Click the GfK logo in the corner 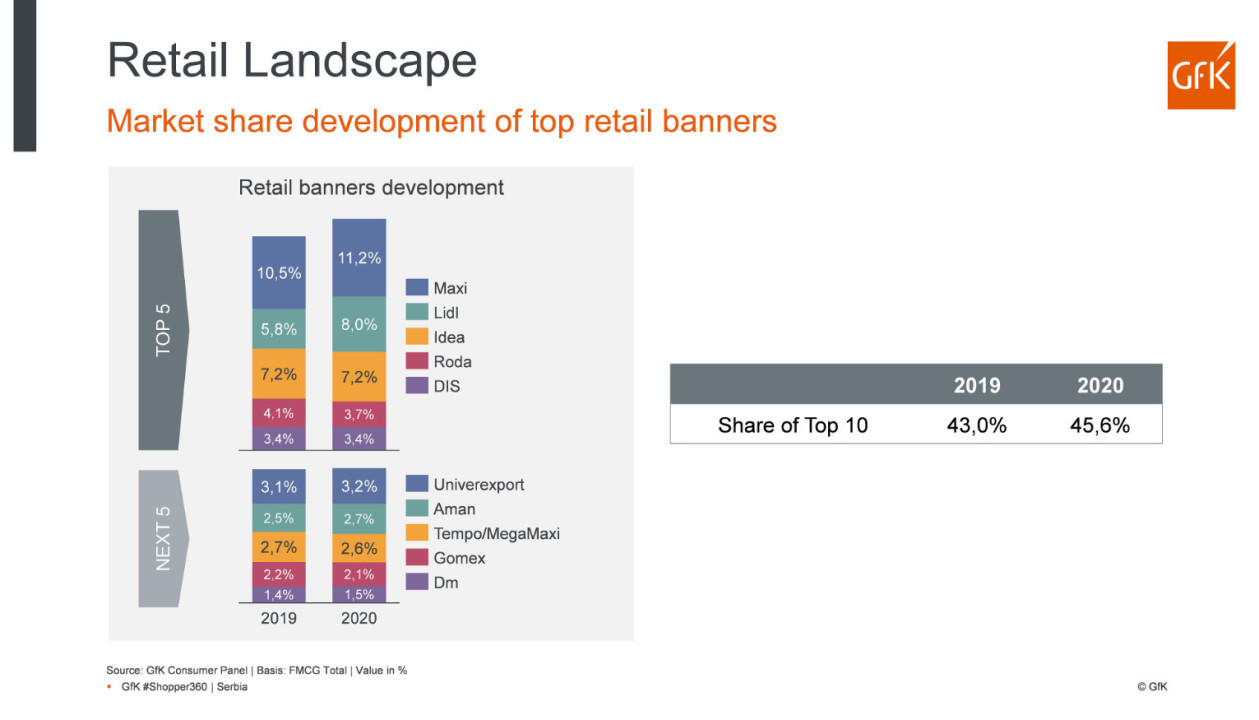[1200, 75]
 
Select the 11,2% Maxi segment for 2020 [359, 258]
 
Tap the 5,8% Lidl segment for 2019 [279, 328]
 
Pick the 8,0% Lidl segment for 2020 [359, 324]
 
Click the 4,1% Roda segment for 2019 [279, 412]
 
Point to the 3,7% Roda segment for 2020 [359, 414]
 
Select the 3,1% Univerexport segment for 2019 [279, 487]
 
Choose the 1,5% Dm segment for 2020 [359, 594]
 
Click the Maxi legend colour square [417, 288]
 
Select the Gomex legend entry [459, 558]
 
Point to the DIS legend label [447, 386]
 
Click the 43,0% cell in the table [976, 425]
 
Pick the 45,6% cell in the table [1099, 425]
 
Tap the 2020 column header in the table [1099, 385]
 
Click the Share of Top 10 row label [792, 425]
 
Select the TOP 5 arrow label [163, 329]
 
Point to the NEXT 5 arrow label [163, 538]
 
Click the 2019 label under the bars [279, 618]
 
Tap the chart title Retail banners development [371, 187]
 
